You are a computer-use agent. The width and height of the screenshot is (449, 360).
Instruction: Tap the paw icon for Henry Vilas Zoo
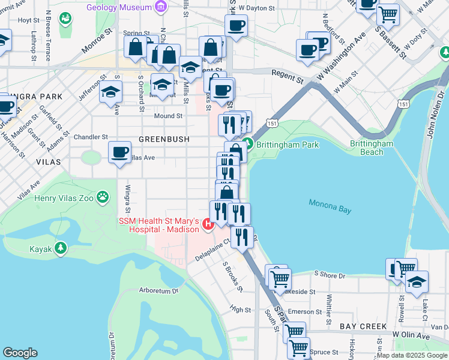[103, 196]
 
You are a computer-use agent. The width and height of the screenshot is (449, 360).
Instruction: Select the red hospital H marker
[208, 225]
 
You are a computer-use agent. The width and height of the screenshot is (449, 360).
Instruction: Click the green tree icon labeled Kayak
[60, 248]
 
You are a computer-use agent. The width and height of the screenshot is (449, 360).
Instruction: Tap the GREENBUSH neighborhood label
[164, 139]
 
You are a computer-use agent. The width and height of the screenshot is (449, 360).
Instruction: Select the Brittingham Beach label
[372, 148]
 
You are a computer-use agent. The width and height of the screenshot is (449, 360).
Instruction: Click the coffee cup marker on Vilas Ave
[119, 151]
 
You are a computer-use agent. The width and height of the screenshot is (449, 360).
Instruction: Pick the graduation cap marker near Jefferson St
[111, 92]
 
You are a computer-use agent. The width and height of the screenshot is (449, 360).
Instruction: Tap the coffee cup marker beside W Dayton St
[236, 26]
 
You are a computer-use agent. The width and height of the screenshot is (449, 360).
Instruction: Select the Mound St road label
[168, 116]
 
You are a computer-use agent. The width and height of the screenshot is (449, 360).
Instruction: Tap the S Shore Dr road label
[330, 275]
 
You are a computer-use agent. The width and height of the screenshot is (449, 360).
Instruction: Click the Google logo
[20, 352]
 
